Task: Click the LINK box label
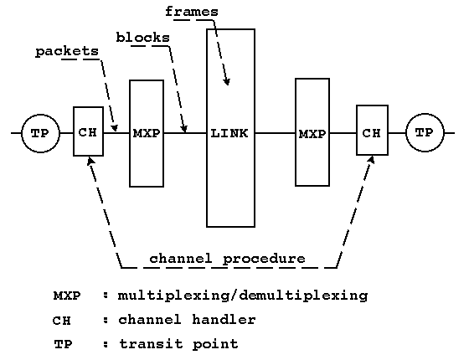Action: (229, 133)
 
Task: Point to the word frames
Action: (192, 12)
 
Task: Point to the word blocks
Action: (143, 38)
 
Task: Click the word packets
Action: (67, 51)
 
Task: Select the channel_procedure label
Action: (227, 259)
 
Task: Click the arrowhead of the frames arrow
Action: (227, 81)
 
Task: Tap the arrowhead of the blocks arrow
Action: (184, 129)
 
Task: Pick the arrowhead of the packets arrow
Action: (114, 127)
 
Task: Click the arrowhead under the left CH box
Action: (90, 161)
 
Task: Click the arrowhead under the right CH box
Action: (372, 160)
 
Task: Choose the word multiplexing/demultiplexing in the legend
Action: (243, 296)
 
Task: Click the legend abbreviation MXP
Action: (67, 296)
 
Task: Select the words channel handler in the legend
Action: (187, 320)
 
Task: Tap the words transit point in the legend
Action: (178, 344)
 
